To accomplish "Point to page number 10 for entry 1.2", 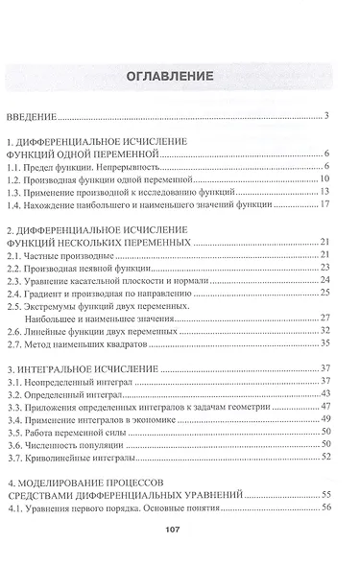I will click(x=325, y=178).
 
